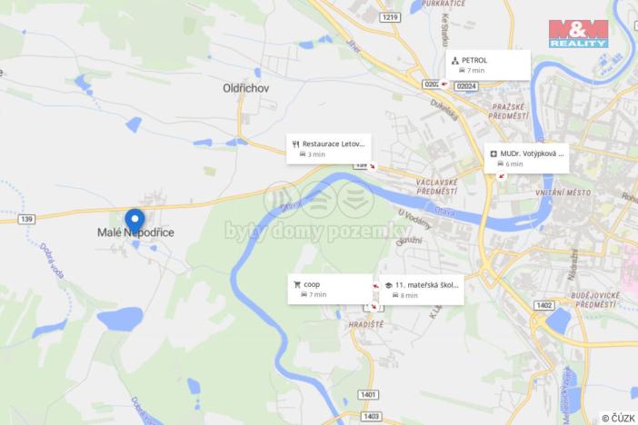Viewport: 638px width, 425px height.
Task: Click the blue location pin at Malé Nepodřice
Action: point(135,221)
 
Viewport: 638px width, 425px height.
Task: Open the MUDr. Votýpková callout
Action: point(526,158)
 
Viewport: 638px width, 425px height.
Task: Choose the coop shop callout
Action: point(330,289)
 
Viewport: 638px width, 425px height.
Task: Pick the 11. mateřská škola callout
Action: point(421,289)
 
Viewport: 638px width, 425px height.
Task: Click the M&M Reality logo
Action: point(578,33)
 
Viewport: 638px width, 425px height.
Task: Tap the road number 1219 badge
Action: point(391,17)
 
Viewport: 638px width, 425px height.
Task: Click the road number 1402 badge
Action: point(544,305)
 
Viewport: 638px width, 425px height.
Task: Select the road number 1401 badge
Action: point(368,394)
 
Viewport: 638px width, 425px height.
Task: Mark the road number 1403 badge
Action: point(371,416)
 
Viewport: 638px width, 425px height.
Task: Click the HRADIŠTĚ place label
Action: point(366,323)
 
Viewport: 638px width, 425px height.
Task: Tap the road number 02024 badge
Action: point(466,84)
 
